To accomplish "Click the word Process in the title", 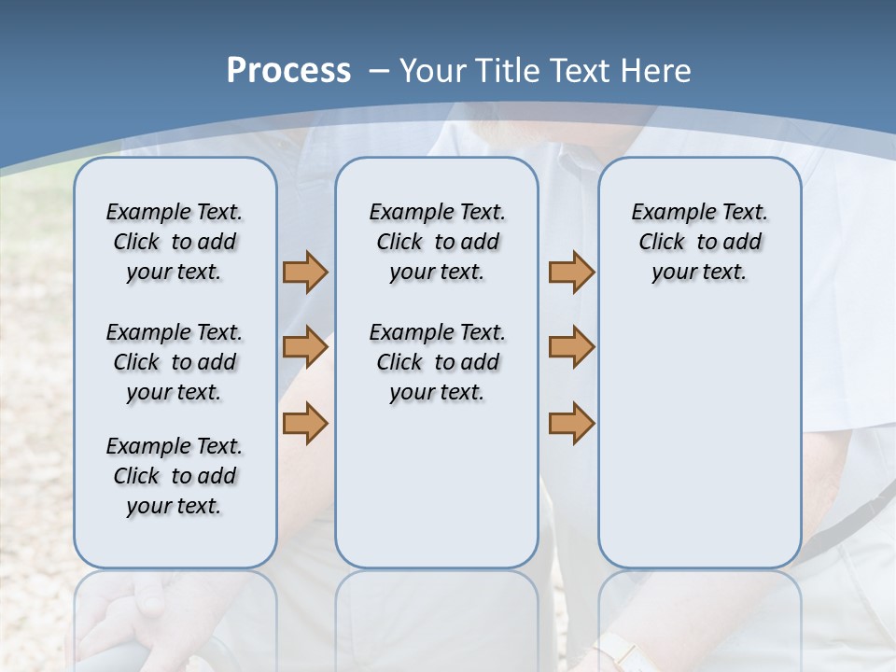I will [x=288, y=71].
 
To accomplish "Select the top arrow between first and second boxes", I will [x=304, y=273].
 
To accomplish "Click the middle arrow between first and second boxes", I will [x=304, y=347].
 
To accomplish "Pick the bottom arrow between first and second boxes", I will [x=304, y=424].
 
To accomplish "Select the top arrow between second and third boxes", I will [x=571, y=273].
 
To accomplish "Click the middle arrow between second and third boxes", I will [x=571, y=347].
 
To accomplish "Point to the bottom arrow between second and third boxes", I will [x=571, y=424].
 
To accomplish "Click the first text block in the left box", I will [x=175, y=242].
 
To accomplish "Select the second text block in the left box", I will [x=175, y=362].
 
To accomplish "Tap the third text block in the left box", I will [x=175, y=476].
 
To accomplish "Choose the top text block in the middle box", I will [x=437, y=242].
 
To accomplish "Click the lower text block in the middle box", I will [x=437, y=362].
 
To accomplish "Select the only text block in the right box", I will [x=699, y=242].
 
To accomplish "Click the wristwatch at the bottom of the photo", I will [x=617, y=652].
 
